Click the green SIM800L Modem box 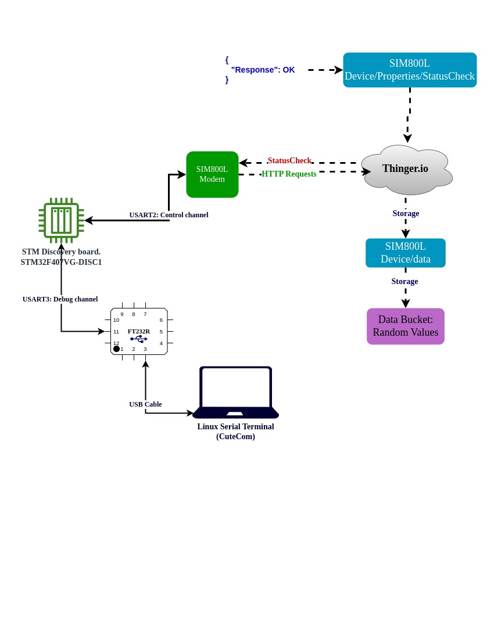(x=212, y=174)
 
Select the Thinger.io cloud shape (x=406, y=169)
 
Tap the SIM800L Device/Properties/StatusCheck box (x=410, y=70)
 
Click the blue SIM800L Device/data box (x=406, y=253)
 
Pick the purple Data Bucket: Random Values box (x=406, y=326)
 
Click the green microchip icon (x=61, y=220)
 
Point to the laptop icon (x=235, y=392)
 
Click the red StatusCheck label (x=289, y=161)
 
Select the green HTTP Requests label (x=289, y=174)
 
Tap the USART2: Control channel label (x=169, y=215)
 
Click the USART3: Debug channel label (x=60, y=299)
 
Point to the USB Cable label (x=145, y=404)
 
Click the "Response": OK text (x=263, y=70)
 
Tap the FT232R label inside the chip (x=139, y=331)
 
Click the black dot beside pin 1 (x=116, y=349)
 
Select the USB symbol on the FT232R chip (x=139, y=339)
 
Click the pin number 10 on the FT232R (x=116, y=320)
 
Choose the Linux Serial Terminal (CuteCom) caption (x=235, y=432)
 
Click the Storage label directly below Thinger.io (x=406, y=213)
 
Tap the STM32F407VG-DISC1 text (x=61, y=262)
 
